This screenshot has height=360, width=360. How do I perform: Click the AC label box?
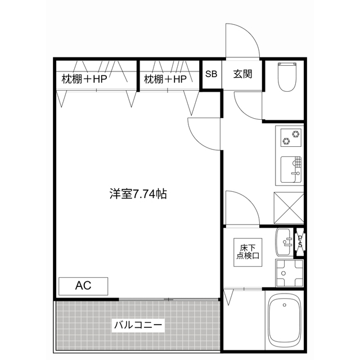(x=83, y=286)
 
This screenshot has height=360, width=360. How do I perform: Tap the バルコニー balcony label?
(x=138, y=325)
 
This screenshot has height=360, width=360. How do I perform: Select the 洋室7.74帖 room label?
(x=137, y=195)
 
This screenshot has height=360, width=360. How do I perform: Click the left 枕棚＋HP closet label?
(x=84, y=79)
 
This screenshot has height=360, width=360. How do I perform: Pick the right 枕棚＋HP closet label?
(x=165, y=79)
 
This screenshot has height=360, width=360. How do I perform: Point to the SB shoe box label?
(x=211, y=74)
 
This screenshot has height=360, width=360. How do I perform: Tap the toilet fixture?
(x=287, y=78)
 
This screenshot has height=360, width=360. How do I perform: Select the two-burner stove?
(x=291, y=136)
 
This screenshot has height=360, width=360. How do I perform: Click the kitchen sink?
(x=291, y=169)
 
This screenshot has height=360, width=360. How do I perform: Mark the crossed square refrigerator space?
(x=287, y=206)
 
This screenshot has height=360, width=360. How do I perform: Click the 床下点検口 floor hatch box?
(x=247, y=251)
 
